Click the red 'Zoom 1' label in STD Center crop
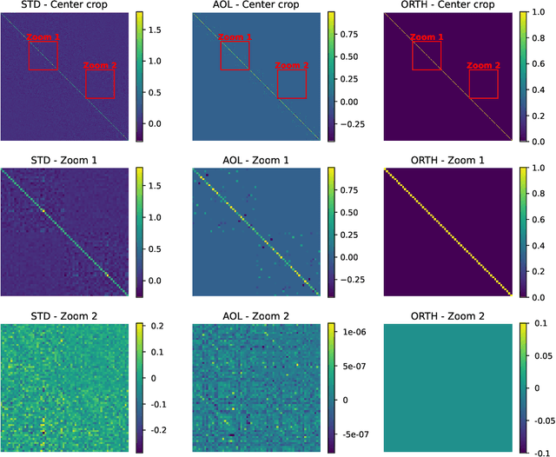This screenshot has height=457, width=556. [43, 38]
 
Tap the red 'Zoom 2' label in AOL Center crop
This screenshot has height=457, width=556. [292, 66]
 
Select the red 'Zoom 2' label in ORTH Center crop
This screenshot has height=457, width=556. [483, 66]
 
